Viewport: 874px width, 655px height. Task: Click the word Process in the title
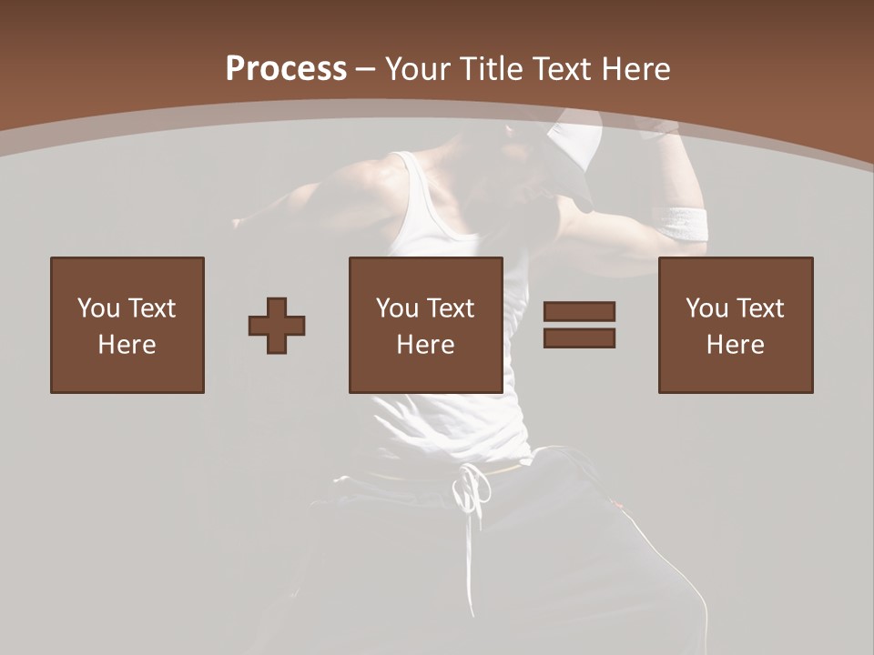pyautogui.click(x=286, y=69)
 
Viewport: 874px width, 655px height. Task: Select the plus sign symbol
pyautogui.click(x=277, y=326)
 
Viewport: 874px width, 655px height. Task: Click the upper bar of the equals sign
pyautogui.click(x=579, y=312)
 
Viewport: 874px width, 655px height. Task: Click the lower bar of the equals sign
pyautogui.click(x=579, y=338)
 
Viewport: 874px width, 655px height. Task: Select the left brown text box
pyautogui.click(x=127, y=326)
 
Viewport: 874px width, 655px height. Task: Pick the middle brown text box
pyautogui.click(x=426, y=326)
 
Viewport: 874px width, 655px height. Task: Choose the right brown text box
pyautogui.click(x=736, y=326)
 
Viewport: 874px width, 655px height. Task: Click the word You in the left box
pyautogui.click(x=98, y=308)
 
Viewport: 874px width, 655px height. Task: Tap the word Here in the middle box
pyautogui.click(x=426, y=345)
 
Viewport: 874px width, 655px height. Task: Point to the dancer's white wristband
pyautogui.click(x=682, y=224)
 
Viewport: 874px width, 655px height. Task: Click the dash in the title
pyautogui.click(x=366, y=69)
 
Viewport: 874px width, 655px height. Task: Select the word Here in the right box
pyautogui.click(x=736, y=345)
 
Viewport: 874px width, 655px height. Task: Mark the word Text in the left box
pyautogui.click(x=152, y=308)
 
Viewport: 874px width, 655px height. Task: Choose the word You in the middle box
pyautogui.click(x=397, y=308)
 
